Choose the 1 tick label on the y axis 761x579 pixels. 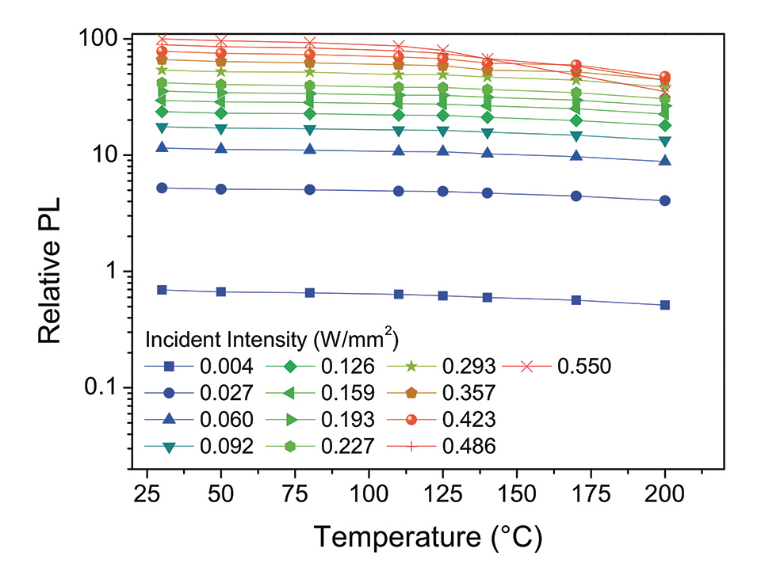pos(112,271)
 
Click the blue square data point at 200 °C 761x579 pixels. pos(664,305)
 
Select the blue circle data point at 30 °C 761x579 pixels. pos(162,188)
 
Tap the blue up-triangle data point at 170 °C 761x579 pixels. pos(576,156)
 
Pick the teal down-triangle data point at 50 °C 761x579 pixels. pos(221,128)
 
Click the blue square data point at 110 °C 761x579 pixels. pos(399,294)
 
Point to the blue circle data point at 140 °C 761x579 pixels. pos(488,193)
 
